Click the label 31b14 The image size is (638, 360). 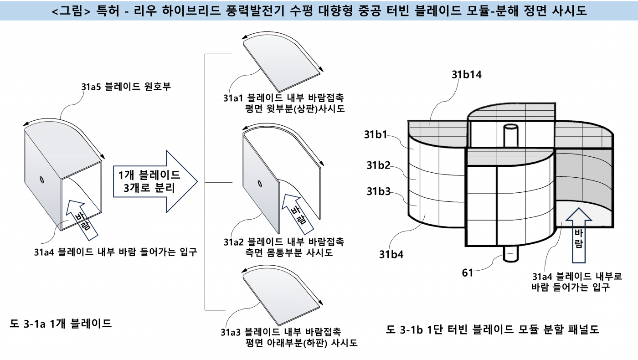[x=467, y=75]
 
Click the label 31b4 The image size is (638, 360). [x=391, y=254]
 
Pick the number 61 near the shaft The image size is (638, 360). [x=468, y=273]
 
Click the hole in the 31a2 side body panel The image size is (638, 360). [x=259, y=184]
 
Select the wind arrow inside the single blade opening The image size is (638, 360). [x=82, y=221]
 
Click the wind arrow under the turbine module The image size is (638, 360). [x=578, y=235]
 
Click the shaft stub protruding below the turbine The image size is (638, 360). [x=510, y=254]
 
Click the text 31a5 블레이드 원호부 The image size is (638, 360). [x=126, y=86]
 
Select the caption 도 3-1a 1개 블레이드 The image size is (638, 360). [x=61, y=324]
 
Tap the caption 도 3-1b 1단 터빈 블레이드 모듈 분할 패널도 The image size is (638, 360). [x=492, y=329]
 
